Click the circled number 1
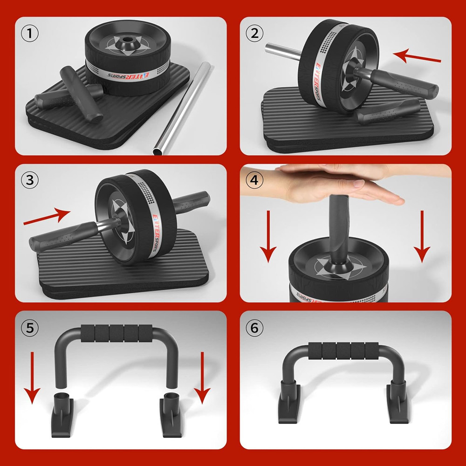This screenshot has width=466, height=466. tap(30, 34)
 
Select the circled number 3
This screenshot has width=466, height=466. tap(30, 180)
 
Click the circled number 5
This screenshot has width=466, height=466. tap(30, 328)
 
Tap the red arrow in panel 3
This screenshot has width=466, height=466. tap(47, 217)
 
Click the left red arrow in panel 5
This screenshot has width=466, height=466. tap(32, 377)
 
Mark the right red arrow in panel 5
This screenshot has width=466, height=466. tap(202, 377)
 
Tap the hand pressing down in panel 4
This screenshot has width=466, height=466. tap(336, 184)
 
